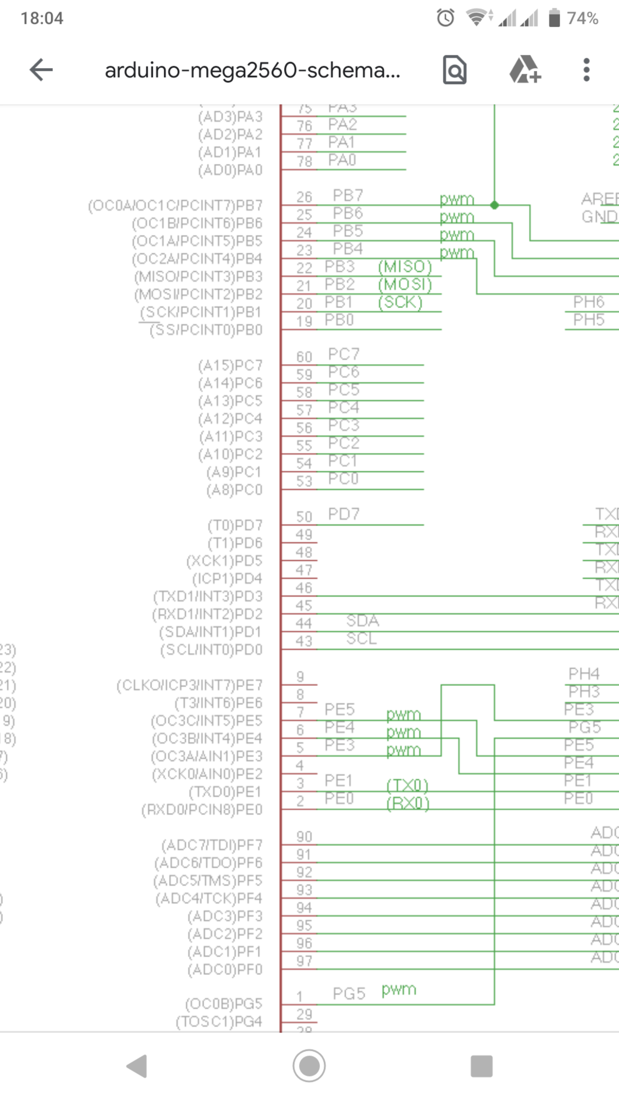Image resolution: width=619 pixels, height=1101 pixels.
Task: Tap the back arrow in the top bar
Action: (41, 70)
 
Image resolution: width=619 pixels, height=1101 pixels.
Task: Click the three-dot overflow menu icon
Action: (586, 70)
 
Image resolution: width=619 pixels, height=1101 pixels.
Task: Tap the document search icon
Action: (455, 70)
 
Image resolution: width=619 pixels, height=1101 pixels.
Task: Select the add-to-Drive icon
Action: (525, 70)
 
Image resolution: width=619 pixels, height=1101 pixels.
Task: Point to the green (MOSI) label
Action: (405, 285)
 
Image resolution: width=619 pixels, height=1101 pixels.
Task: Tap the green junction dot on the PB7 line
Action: (494, 205)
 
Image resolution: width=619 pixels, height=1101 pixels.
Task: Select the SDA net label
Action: (362, 620)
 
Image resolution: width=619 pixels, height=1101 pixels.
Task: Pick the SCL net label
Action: (361, 639)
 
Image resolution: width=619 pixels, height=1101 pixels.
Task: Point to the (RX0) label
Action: (408, 803)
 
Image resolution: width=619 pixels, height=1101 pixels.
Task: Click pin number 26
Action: (304, 197)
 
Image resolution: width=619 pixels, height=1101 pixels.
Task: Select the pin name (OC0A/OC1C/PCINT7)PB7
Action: (175, 206)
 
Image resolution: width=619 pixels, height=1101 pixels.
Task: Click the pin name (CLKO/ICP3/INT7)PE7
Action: (189, 686)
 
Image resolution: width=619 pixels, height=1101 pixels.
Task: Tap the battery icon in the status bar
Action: (554, 18)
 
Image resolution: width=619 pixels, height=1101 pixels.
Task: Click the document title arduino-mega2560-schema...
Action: (252, 70)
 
